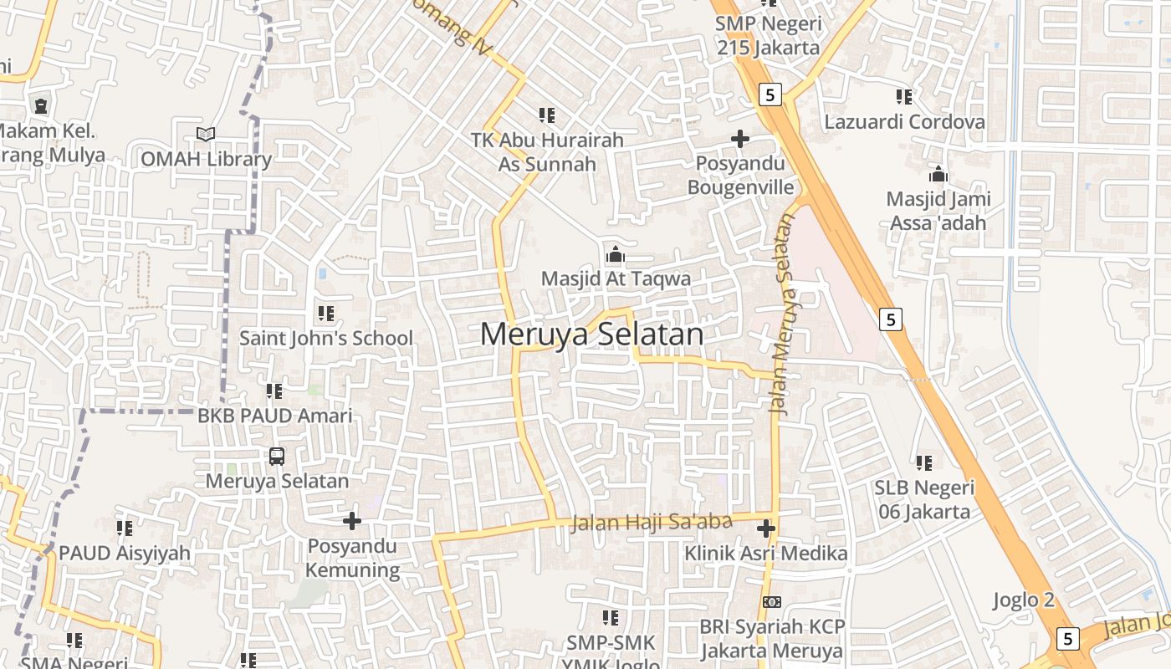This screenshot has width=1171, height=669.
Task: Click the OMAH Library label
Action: tap(206, 160)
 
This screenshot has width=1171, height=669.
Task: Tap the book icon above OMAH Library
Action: tap(205, 134)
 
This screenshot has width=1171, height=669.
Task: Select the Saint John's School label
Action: tap(326, 338)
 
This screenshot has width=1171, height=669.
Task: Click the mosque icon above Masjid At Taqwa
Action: tap(616, 254)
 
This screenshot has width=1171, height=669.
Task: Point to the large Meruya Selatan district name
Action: tap(592, 334)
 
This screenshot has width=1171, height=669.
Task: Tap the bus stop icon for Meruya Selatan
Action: tap(277, 457)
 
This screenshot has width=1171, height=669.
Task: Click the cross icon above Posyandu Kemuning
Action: tap(352, 521)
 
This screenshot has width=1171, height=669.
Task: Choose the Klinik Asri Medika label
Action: tap(765, 554)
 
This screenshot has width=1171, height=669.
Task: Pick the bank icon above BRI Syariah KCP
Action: tap(772, 602)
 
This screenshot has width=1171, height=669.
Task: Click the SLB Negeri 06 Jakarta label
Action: tap(924, 499)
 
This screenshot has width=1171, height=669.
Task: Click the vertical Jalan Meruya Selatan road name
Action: tap(781, 314)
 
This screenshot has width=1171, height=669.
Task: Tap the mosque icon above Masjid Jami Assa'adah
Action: tap(938, 175)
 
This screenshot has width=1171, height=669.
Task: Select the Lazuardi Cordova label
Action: tap(905, 122)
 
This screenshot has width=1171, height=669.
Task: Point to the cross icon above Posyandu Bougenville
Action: tap(740, 138)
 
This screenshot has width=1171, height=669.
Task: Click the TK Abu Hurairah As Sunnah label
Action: tap(547, 151)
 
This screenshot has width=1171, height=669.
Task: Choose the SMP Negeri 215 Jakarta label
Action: tap(768, 36)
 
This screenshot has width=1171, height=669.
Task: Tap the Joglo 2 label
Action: tap(1024, 600)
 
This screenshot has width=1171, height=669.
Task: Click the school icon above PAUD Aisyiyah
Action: tap(125, 529)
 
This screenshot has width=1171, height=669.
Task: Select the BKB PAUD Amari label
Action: tap(275, 416)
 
